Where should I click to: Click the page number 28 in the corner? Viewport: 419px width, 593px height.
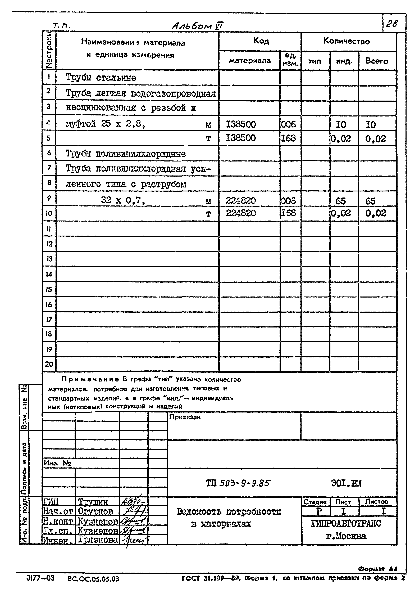pyautogui.click(x=392, y=24)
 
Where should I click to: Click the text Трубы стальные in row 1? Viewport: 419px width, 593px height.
pyautogui.click(x=101, y=78)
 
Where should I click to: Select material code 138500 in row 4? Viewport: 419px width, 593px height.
pyautogui.click(x=241, y=124)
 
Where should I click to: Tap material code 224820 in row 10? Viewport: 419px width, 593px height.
pyautogui.click(x=241, y=213)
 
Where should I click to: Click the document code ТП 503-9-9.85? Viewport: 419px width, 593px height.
pyautogui.click(x=238, y=483)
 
